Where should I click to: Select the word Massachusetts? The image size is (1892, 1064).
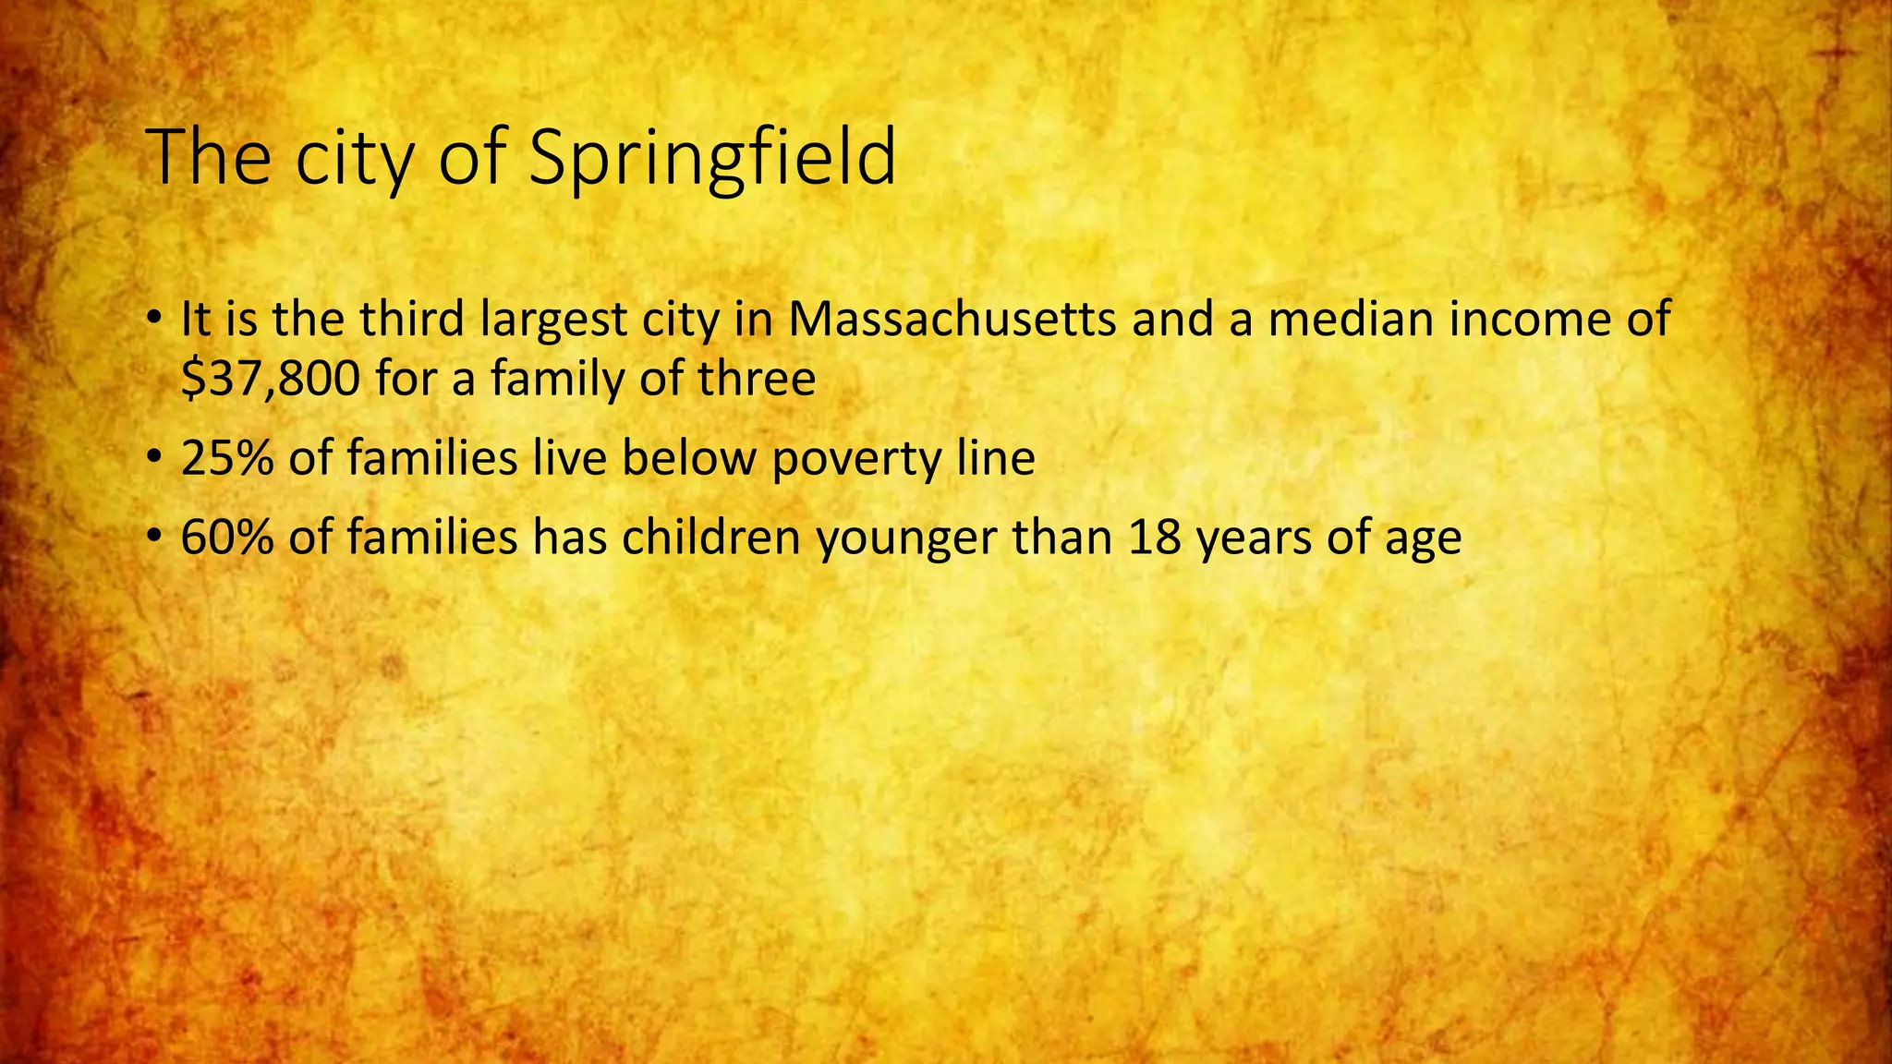point(952,320)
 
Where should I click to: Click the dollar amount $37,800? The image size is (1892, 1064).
point(271,379)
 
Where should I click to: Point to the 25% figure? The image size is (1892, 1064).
point(227,458)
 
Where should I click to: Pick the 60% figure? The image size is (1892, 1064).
point(227,538)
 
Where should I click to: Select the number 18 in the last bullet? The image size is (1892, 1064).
point(1154,538)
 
